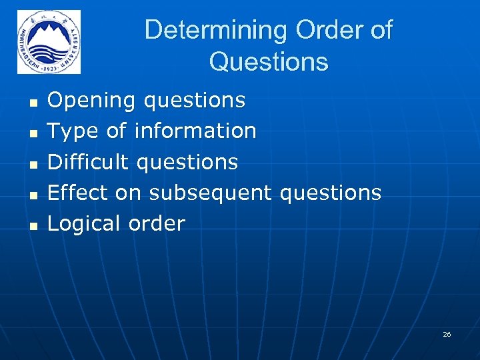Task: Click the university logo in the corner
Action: pyautogui.click(x=49, y=42)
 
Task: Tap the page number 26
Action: pyautogui.click(x=447, y=334)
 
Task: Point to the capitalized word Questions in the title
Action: pyautogui.click(x=268, y=62)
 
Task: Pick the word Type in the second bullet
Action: pyautogui.click(x=73, y=131)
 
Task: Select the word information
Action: pyautogui.click(x=195, y=131)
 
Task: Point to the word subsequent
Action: pyautogui.click(x=210, y=193)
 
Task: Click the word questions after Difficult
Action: pyautogui.click(x=187, y=162)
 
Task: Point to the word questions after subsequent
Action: pyautogui.click(x=330, y=193)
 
